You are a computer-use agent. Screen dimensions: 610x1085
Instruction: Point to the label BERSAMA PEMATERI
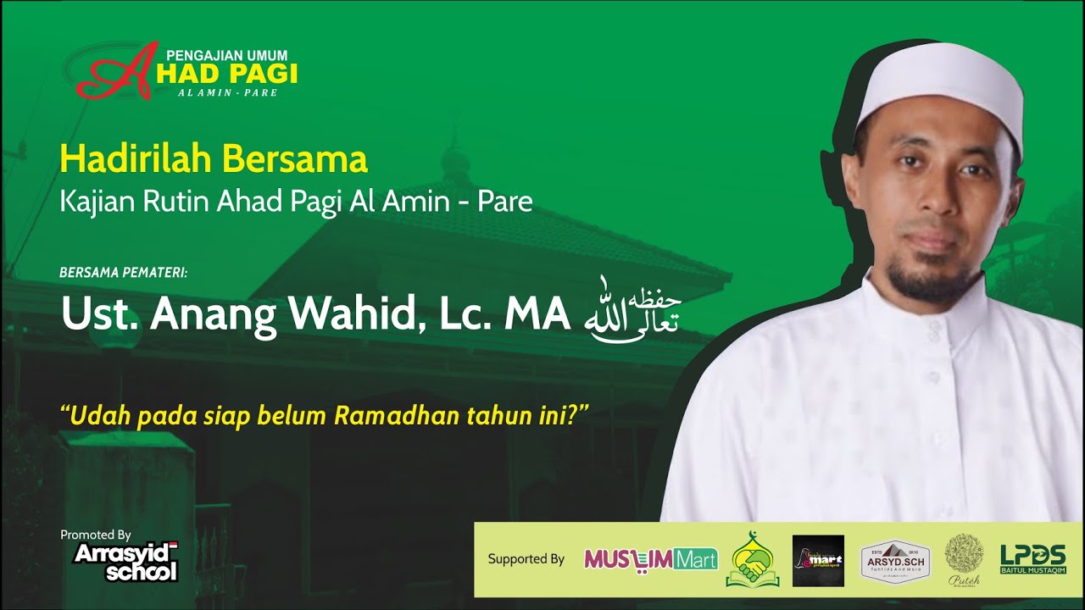(x=124, y=273)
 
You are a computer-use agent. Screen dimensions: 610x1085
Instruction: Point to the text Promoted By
(x=96, y=535)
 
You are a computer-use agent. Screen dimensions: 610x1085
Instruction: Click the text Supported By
(x=526, y=559)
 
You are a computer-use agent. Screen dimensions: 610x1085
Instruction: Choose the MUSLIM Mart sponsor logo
(x=650, y=559)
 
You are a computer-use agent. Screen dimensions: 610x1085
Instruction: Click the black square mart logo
(x=818, y=560)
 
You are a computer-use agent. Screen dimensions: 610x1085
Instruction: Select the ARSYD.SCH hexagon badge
(x=895, y=560)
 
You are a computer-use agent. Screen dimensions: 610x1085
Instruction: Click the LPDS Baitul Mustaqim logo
(x=1032, y=559)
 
